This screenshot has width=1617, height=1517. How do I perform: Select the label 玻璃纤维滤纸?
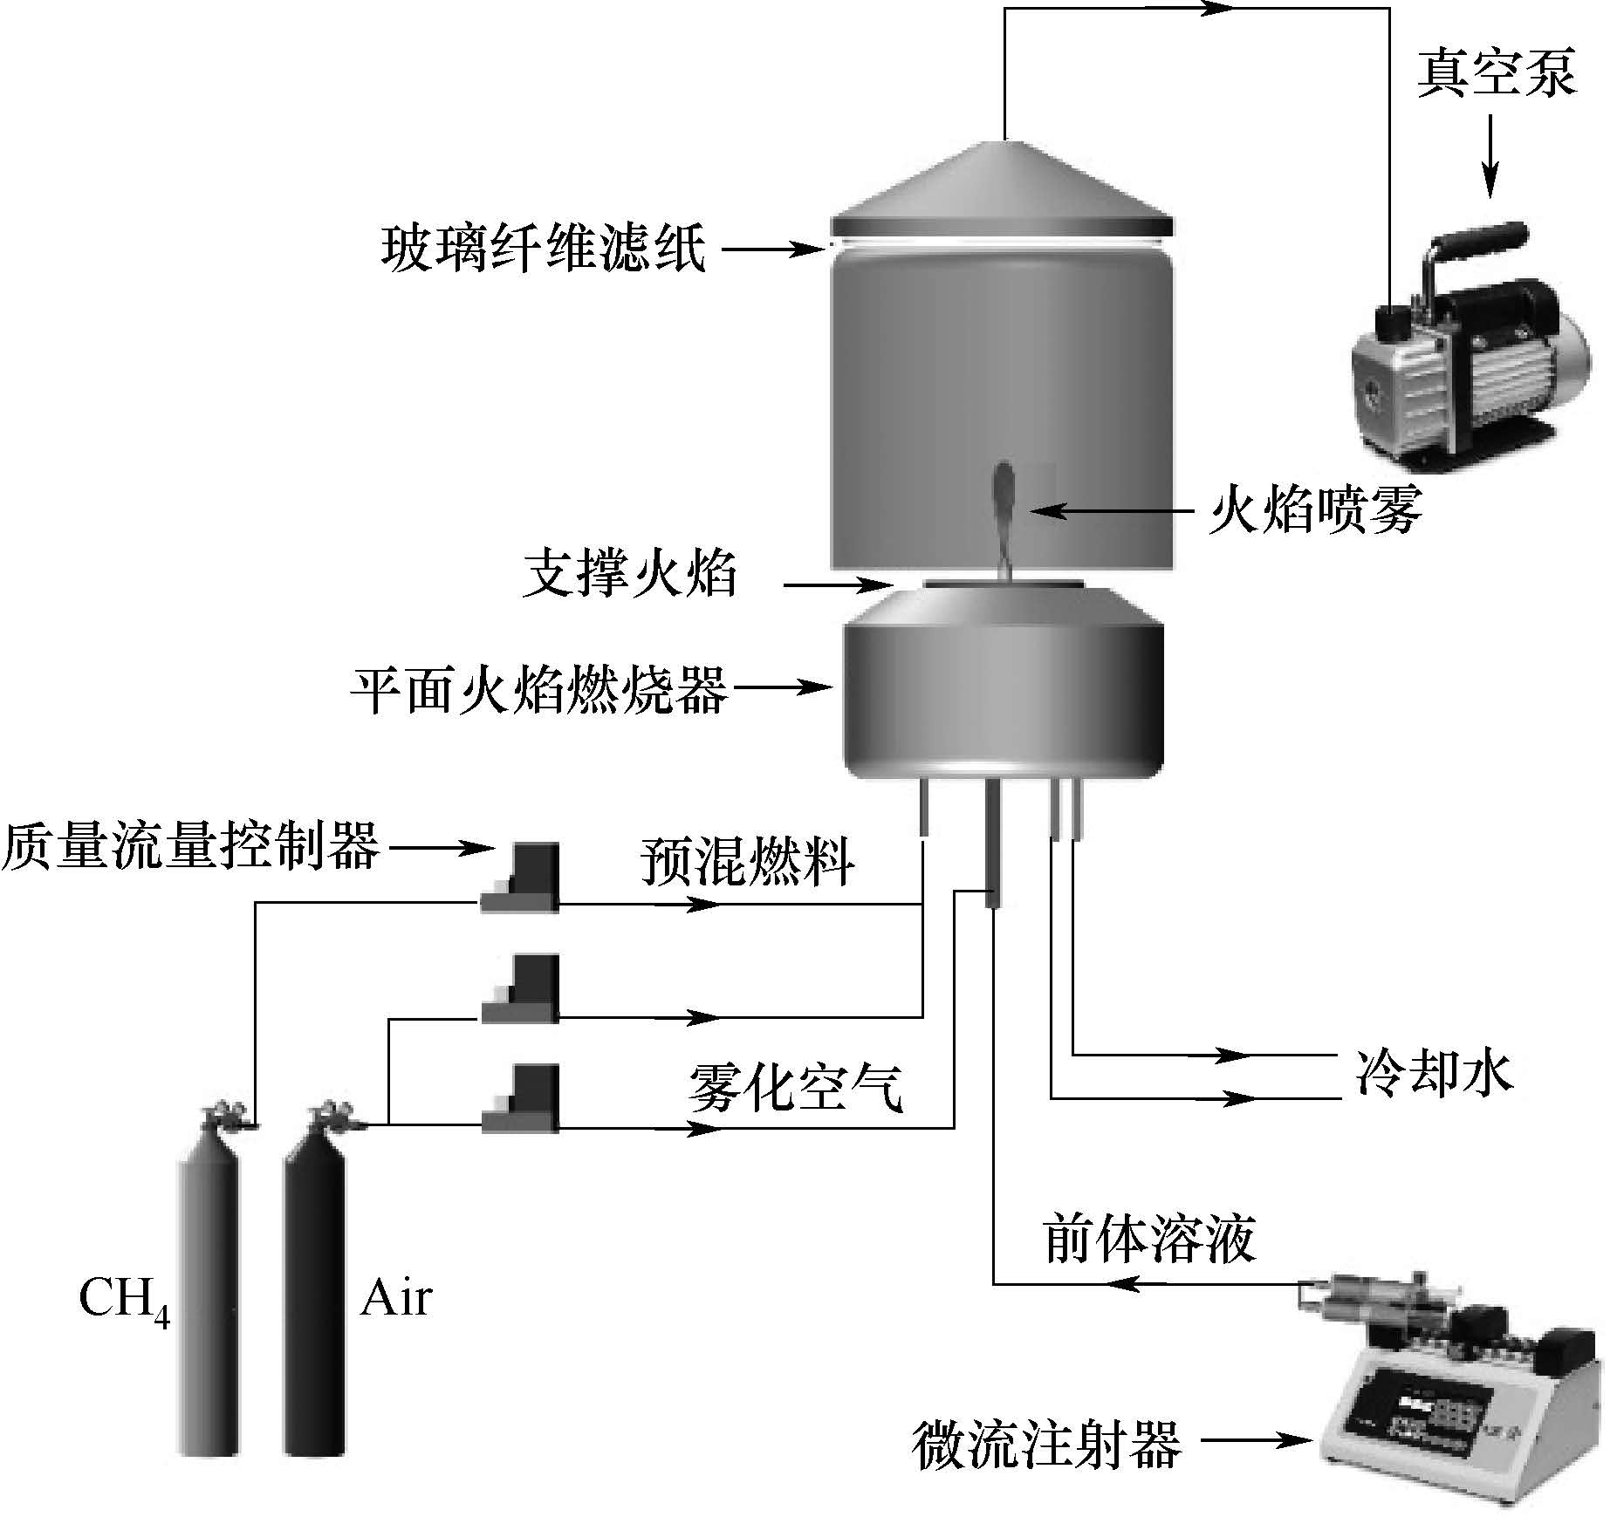click(543, 249)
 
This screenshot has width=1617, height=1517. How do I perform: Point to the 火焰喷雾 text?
click(1315, 509)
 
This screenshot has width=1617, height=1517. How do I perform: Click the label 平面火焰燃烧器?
click(538, 689)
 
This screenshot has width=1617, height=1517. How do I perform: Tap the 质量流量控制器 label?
click(190, 845)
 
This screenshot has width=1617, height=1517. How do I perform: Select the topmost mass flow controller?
click(520, 878)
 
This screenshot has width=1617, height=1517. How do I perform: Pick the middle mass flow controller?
click(520, 988)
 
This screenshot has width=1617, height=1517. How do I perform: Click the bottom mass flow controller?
click(520, 1099)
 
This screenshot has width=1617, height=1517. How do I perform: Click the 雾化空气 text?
click(794, 1088)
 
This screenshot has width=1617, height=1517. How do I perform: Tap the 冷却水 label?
click(1434, 1072)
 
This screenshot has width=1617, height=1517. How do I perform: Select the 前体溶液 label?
click(1148, 1240)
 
